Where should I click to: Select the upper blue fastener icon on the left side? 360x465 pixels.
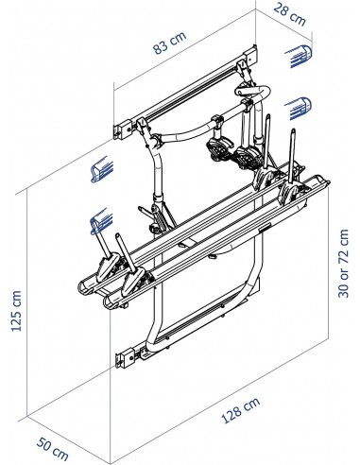(x=97, y=170)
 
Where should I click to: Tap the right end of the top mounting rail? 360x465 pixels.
(x=252, y=52)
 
